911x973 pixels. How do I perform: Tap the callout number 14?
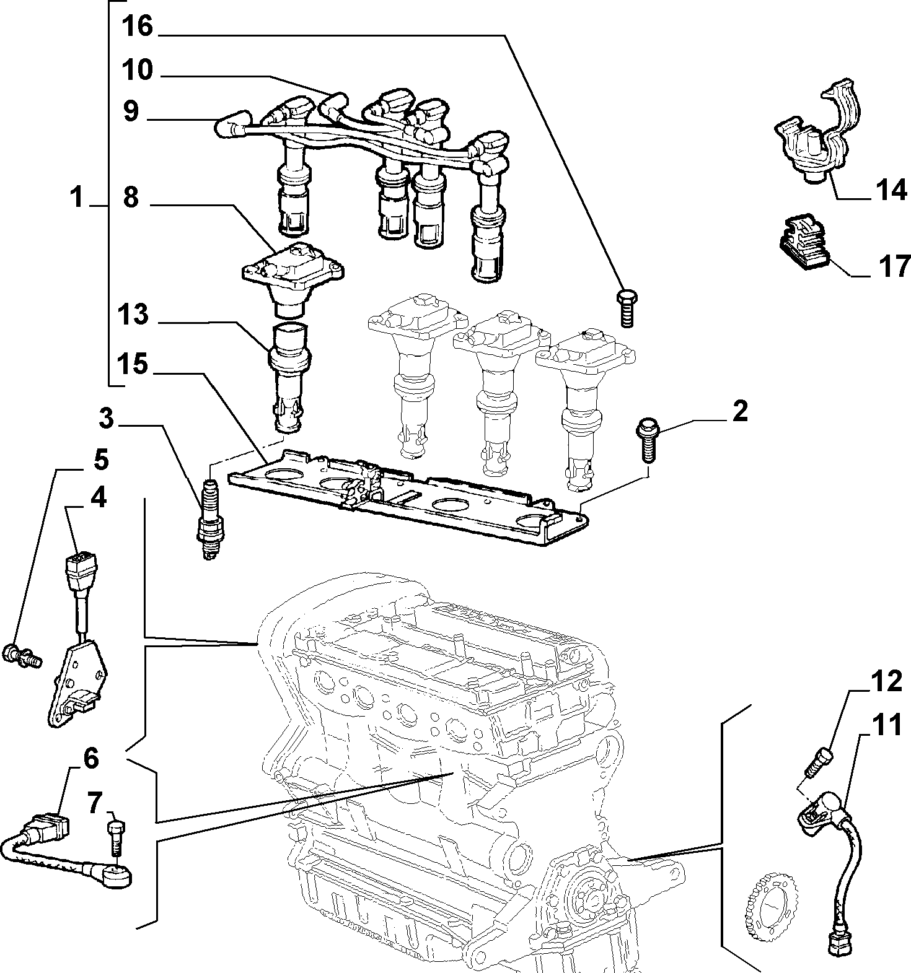pos(891,190)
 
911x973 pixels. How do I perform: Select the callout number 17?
pos(892,266)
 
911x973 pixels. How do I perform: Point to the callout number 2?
pos(739,412)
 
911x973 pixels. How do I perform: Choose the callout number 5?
pos(101,460)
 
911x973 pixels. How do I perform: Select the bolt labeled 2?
pos(646,441)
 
